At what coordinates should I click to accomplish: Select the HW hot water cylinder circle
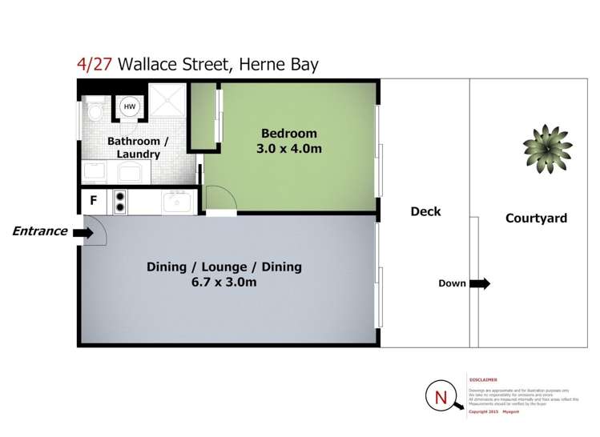[129, 107]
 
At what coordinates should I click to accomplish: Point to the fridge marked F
[94, 202]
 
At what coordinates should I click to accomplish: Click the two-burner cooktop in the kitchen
[120, 202]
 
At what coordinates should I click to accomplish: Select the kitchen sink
[175, 203]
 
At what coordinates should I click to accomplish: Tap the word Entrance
[39, 231]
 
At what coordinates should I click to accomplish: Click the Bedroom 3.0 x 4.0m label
[288, 141]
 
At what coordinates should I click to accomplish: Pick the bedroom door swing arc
[218, 197]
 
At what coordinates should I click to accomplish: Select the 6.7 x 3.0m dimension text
[223, 283]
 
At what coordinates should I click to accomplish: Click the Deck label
[425, 211]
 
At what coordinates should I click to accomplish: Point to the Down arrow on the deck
[481, 283]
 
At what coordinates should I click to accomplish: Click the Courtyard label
[536, 218]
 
